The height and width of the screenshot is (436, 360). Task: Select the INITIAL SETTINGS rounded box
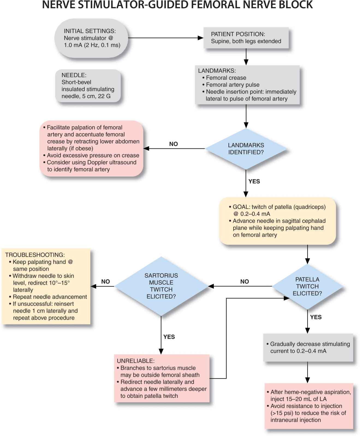[91, 38]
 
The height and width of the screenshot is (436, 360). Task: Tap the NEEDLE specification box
[88, 86]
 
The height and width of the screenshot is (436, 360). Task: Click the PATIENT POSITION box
[246, 38]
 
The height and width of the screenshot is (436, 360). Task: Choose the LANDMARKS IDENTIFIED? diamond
[246, 149]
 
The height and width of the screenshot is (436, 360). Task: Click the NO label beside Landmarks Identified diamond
[173, 144]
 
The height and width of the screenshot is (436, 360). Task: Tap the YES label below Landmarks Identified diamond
[254, 181]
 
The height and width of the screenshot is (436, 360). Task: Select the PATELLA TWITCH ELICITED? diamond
[307, 286]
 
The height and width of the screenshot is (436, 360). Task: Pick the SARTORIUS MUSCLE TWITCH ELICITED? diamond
[161, 286]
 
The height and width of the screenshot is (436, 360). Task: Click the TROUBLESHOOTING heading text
[35, 255]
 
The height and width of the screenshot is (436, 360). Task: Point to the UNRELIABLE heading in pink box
[135, 361]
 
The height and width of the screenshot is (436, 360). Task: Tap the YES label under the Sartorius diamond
[169, 337]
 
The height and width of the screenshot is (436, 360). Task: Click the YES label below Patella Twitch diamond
[316, 317]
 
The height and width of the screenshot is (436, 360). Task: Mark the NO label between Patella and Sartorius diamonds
[245, 281]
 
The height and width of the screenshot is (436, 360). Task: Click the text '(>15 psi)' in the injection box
[282, 413]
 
